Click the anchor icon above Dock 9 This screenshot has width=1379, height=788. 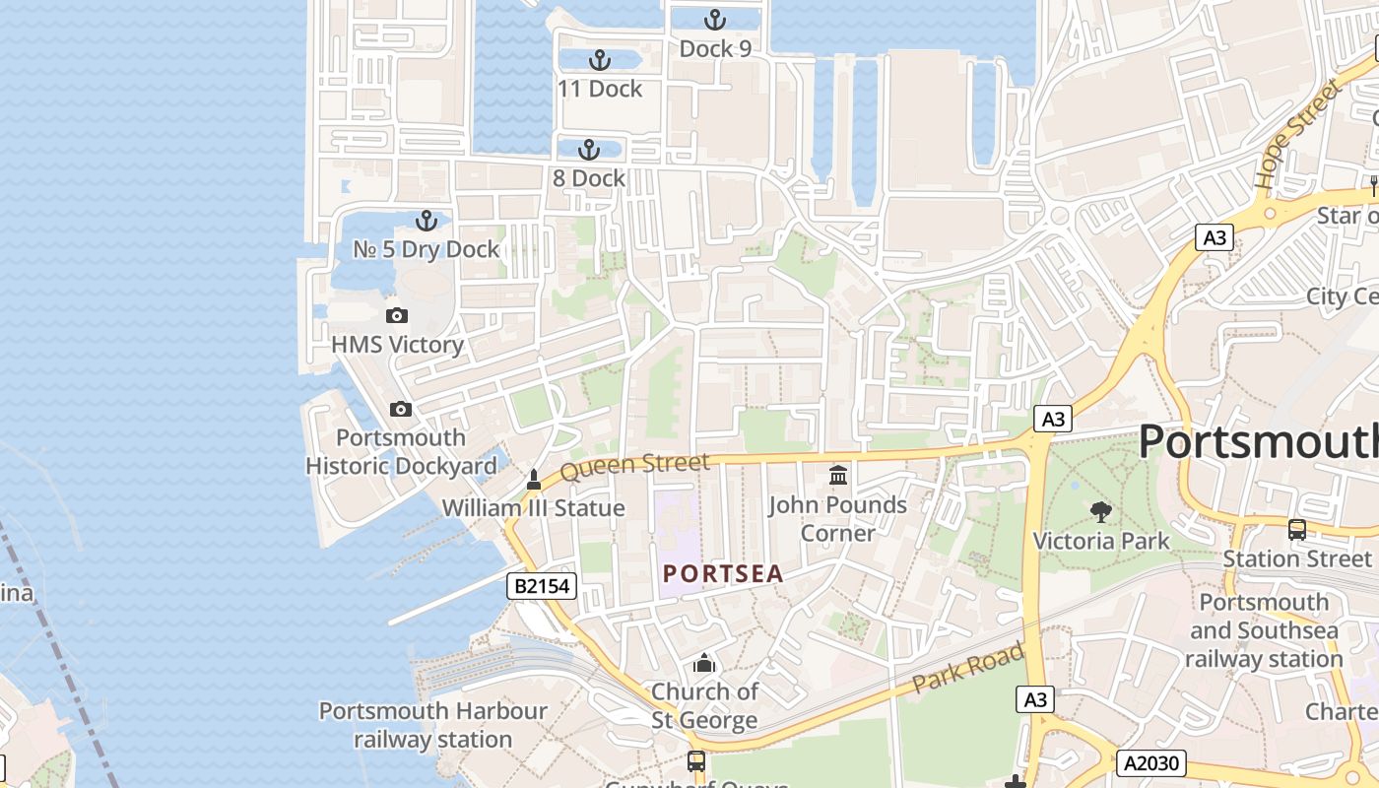[x=715, y=20]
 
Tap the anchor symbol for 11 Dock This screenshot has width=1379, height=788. [x=599, y=60]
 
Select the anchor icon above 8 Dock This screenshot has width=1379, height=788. [x=588, y=150]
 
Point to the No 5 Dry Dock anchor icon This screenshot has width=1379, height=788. [x=427, y=221]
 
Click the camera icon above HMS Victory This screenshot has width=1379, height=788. [x=397, y=316]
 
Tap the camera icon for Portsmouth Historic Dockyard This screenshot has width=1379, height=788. [x=400, y=410]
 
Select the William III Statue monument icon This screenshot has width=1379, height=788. [x=534, y=481]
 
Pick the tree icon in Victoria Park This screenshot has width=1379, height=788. [x=1101, y=511]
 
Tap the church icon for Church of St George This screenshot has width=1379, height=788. [x=704, y=663]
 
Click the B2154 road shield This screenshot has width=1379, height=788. [x=541, y=586]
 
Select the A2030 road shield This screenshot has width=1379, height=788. [x=1151, y=762]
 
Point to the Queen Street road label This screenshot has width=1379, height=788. [x=634, y=467]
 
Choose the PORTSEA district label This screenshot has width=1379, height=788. [x=723, y=573]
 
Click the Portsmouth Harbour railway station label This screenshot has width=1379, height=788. [x=432, y=725]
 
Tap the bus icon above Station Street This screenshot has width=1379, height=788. [x=1297, y=530]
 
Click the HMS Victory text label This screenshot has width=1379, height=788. [x=397, y=345]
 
